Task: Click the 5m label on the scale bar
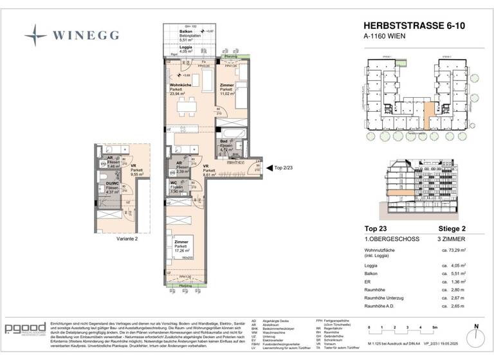point(436,328)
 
